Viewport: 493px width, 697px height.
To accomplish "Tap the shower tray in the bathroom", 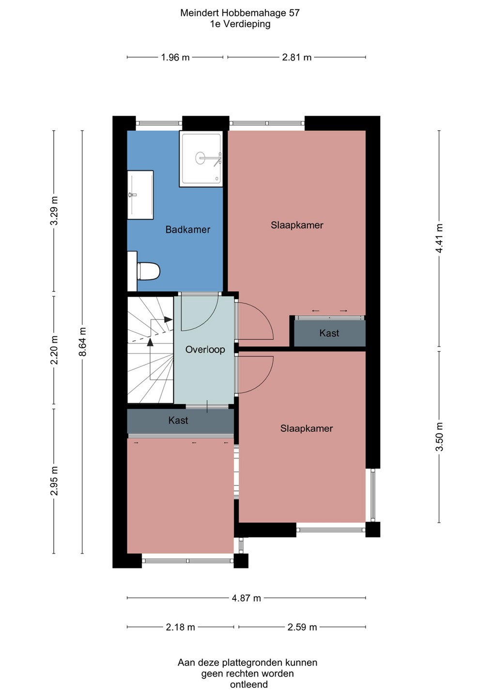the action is pos(201,159).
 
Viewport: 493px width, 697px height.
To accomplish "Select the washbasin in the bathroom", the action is pos(140,195).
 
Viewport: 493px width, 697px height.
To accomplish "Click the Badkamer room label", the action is pos(188,229).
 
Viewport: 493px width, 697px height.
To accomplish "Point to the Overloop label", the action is pos(205,349).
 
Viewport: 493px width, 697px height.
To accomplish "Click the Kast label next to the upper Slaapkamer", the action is pos(329,333).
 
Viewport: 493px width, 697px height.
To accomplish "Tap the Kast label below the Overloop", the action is pos(178,420).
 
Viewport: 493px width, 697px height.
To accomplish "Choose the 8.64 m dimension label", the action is pos(82,342).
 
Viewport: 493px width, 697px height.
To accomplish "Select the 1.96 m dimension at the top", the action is pos(175,58).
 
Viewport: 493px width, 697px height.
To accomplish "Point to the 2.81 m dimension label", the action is pos(296,58).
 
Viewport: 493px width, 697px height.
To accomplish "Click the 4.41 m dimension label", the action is pos(439,238).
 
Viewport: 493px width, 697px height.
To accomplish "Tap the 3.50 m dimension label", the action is pos(439,436).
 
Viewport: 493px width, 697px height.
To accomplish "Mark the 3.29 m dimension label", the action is pos(54,211).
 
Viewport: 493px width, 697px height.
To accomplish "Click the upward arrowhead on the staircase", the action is pos(150,342).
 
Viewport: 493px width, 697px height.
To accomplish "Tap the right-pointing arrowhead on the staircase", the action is pos(169,319).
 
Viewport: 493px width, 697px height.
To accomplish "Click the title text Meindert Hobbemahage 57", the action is pos(240,13).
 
